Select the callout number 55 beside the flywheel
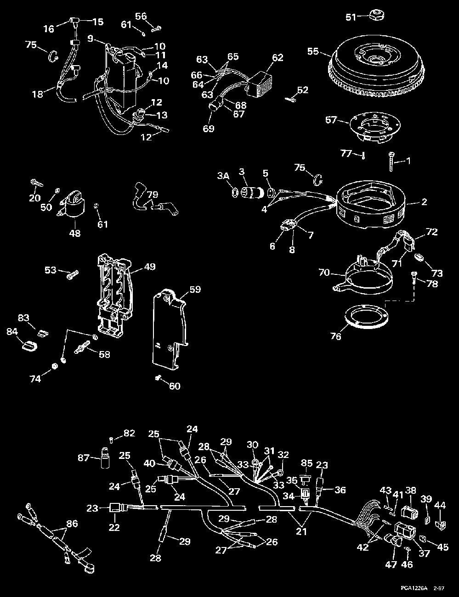click(313, 52)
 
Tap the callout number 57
click(331, 121)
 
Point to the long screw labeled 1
click(391, 161)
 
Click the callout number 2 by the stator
click(424, 202)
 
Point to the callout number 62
click(278, 58)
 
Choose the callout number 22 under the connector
click(114, 527)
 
